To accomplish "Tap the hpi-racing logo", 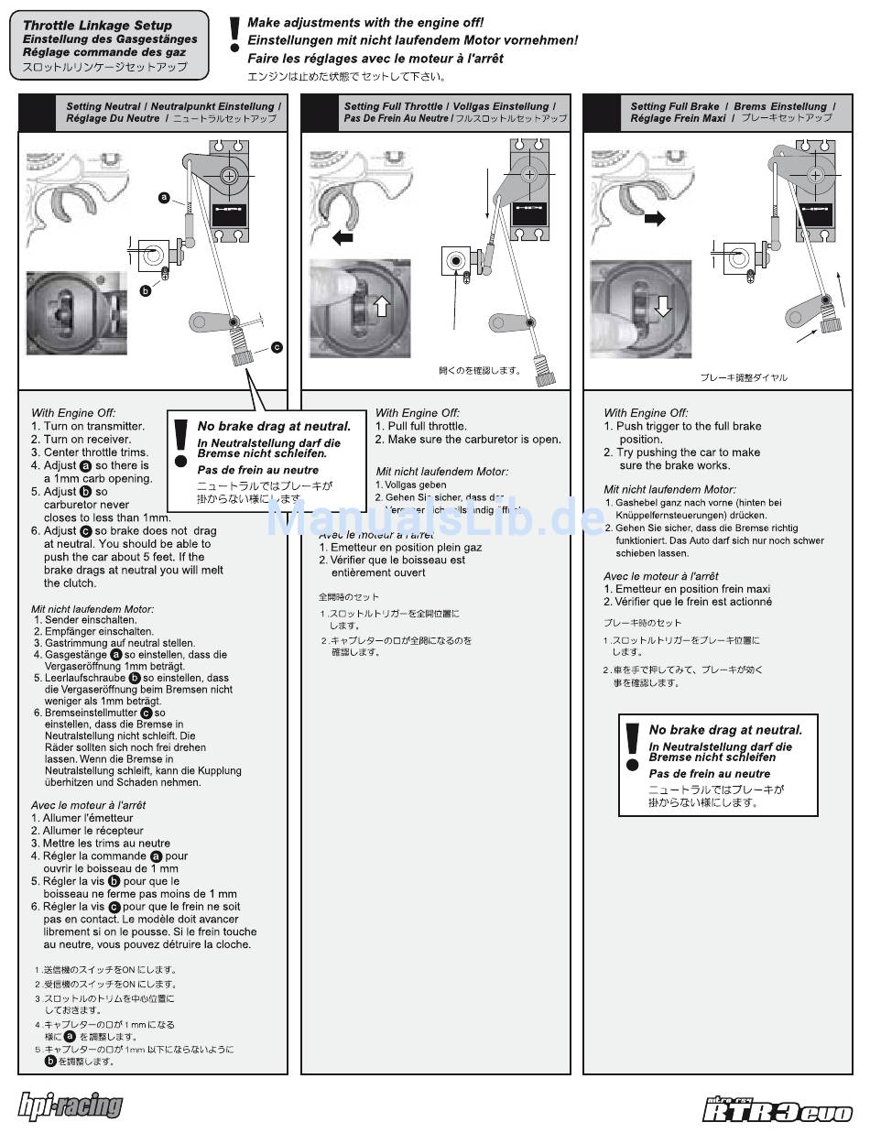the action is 71,1106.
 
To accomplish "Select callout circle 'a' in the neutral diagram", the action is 164,196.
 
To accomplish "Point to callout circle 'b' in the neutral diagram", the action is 145,290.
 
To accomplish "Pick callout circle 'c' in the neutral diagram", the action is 277,347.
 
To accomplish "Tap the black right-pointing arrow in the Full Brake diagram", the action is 655,219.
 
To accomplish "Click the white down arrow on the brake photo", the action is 662,307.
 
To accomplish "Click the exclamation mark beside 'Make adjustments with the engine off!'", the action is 234,34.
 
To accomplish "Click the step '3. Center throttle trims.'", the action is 89,452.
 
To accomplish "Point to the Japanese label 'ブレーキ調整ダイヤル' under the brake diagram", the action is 743,377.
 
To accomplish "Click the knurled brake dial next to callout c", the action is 242,352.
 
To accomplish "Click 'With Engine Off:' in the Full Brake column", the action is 646,413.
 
